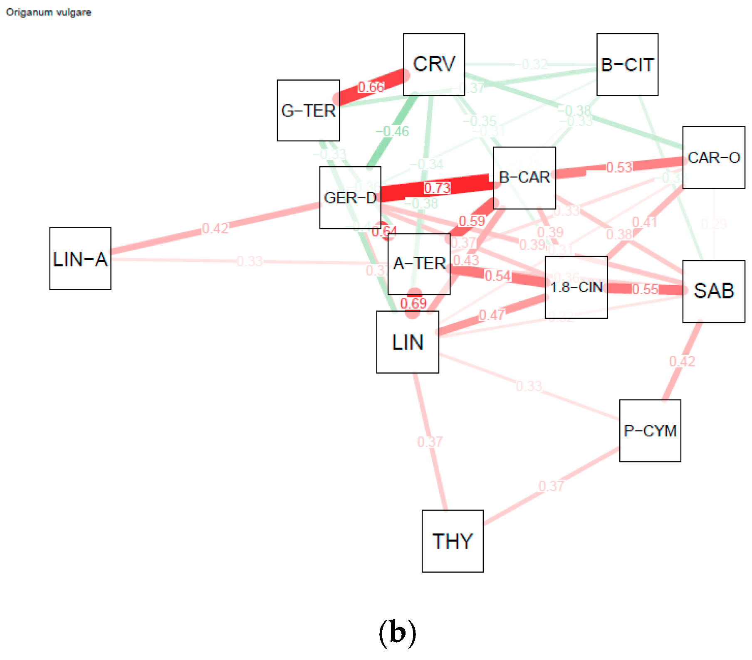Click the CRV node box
point(434,64)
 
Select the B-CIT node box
point(627,64)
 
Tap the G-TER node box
point(308,111)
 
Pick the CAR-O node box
point(714,158)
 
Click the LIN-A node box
point(80,259)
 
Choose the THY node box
point(453,541)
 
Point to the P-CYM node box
point(650,431)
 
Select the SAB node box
point(714,291)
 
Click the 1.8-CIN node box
point(576,287)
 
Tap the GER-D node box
point(350,198)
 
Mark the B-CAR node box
point(524,178)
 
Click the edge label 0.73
point(437,188)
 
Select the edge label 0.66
point(371,87)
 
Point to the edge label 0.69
point(413,303)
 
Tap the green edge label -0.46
point(393,132)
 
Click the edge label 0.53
point(619,167)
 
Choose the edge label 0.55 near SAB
point(645,289)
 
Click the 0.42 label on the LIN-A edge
point(215,229)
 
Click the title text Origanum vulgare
point(48,12)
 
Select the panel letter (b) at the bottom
point(397,633)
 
